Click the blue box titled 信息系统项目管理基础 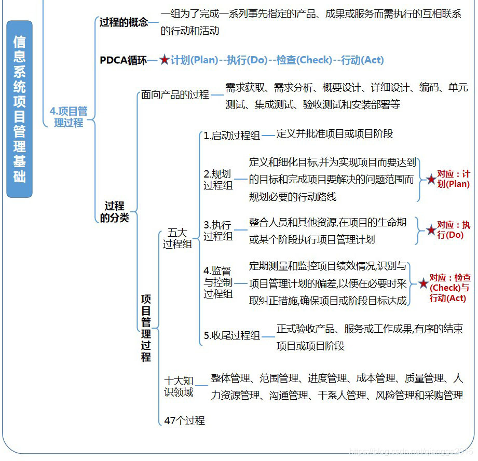click(x=19, y=109)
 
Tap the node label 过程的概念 click(x=124, y=22)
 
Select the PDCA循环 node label click(x=123, y=60)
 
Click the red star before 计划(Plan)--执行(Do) click(x=165, y=60)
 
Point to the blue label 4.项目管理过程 click(x=69, y=117)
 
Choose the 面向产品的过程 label click(x=175, y=95)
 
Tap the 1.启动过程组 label click(x=231, y=135)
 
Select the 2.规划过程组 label click(x=218, y=180)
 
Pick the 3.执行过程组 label click(x=218, y=230)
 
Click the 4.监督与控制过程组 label click(x=218, y=282)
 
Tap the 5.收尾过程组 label click(x=231, y=335)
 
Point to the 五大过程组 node click(x=177, y=238)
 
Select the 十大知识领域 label click(x=179, y=386)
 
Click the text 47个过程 click(x=184, y=421)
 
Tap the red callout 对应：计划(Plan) click(x=453, y=179)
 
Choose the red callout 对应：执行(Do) click(x=453, y=230)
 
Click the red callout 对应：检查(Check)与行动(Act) click(x=450, y=288)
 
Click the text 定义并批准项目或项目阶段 click(x=335, y=134)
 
